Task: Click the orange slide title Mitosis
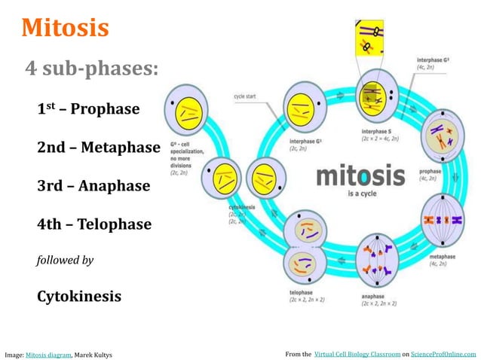point(66,28)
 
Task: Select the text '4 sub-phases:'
point(91,69)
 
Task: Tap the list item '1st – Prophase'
point(88,109)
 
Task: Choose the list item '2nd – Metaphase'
point(98,148)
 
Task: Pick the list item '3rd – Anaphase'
point(93,186)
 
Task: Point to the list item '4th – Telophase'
point(94,224)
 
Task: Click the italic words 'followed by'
point(65,261)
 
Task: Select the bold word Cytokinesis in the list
point(78,296)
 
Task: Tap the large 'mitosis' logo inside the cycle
point(354,178)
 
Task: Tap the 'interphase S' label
point(379,131)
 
